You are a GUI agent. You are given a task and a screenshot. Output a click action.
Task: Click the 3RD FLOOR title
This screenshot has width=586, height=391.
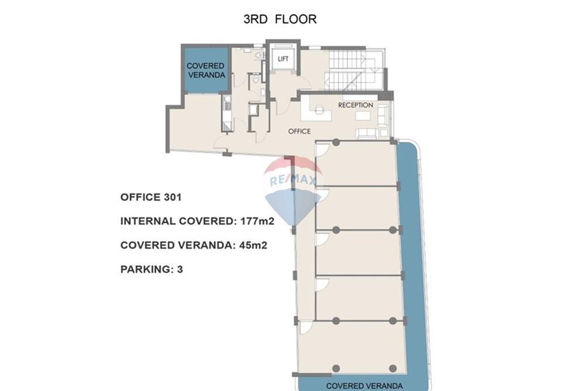point(280,19)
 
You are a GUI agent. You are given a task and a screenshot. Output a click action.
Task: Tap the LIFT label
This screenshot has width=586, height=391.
point(283,59)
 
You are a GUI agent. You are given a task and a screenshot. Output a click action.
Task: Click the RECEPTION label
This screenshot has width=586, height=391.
point(355,105)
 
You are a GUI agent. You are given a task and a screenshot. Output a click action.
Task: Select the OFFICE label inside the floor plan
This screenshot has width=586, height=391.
point(299,131)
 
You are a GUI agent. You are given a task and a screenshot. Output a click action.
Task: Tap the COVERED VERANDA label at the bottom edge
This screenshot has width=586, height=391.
point(364,386)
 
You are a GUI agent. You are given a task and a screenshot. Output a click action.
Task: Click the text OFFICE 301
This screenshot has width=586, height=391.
point(151,198)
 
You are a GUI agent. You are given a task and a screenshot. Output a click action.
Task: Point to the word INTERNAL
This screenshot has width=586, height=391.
point(148,222)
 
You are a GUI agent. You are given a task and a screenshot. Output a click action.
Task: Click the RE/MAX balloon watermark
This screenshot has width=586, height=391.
point(293,188)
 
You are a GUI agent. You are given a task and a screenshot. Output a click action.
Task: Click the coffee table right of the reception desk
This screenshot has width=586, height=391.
point(363,116)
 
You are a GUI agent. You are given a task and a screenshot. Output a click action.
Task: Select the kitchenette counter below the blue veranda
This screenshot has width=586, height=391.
point(226,113)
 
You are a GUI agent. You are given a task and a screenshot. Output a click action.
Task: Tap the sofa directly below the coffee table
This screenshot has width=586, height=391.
point(366,133)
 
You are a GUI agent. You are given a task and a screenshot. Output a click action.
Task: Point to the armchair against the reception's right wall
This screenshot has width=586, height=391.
point(383,114)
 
